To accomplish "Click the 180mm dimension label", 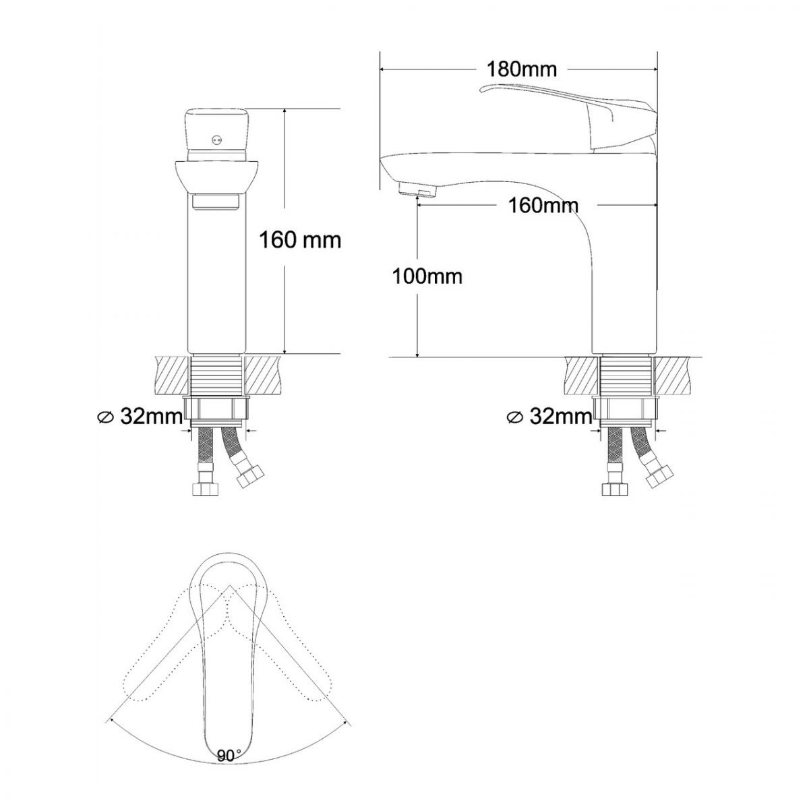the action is (521, 69).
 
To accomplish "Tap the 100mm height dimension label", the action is (427, 276).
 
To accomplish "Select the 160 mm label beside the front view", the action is (300, 241).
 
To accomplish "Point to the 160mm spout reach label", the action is (543, 206).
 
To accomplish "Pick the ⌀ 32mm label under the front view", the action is (140, 417).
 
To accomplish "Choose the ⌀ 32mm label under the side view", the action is (549, 417).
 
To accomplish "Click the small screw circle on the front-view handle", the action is (216, 139).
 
